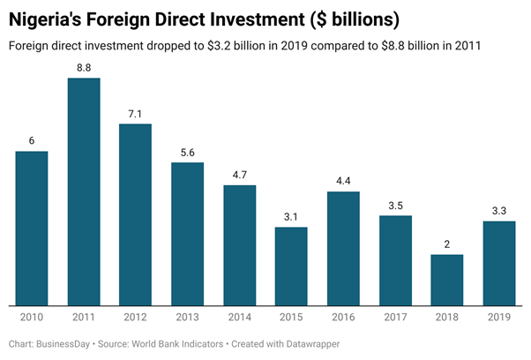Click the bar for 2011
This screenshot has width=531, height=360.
[x=84, y=190]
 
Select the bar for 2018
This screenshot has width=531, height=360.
[x=447, y=278]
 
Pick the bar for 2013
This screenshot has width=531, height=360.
[x=187, y=232]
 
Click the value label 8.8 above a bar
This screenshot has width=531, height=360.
[x=84, y=68]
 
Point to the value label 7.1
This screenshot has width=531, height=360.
[x=135, y=114]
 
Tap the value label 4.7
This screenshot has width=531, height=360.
[x=239, y=175]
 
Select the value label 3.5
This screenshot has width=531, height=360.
[x=395, y=206]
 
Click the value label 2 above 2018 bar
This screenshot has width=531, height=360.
[x=447, y=244]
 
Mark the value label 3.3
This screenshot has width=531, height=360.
[x=499, y=211]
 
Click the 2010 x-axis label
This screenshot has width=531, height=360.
[x=32, y=315]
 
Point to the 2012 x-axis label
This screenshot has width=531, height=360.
[x=135, y=315]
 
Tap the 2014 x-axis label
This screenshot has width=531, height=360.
[x=239, y=315]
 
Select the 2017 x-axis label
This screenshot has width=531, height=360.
[x=395, y=315]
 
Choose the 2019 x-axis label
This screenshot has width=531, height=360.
[x=499, y=315]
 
